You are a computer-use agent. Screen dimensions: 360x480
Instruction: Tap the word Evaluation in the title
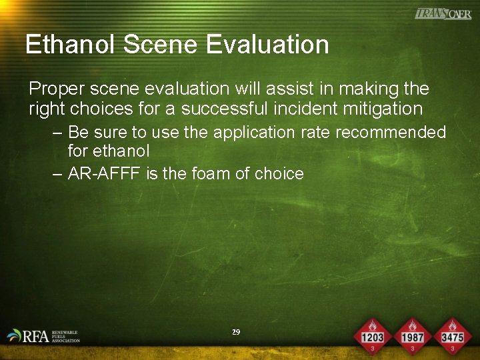pyautogui.click(x=267, y=45)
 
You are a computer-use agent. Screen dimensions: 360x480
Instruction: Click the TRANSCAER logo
pyautogui.click(x=442, y=13)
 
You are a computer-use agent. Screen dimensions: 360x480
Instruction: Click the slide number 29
pyautogui.click(x=235, y=332)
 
